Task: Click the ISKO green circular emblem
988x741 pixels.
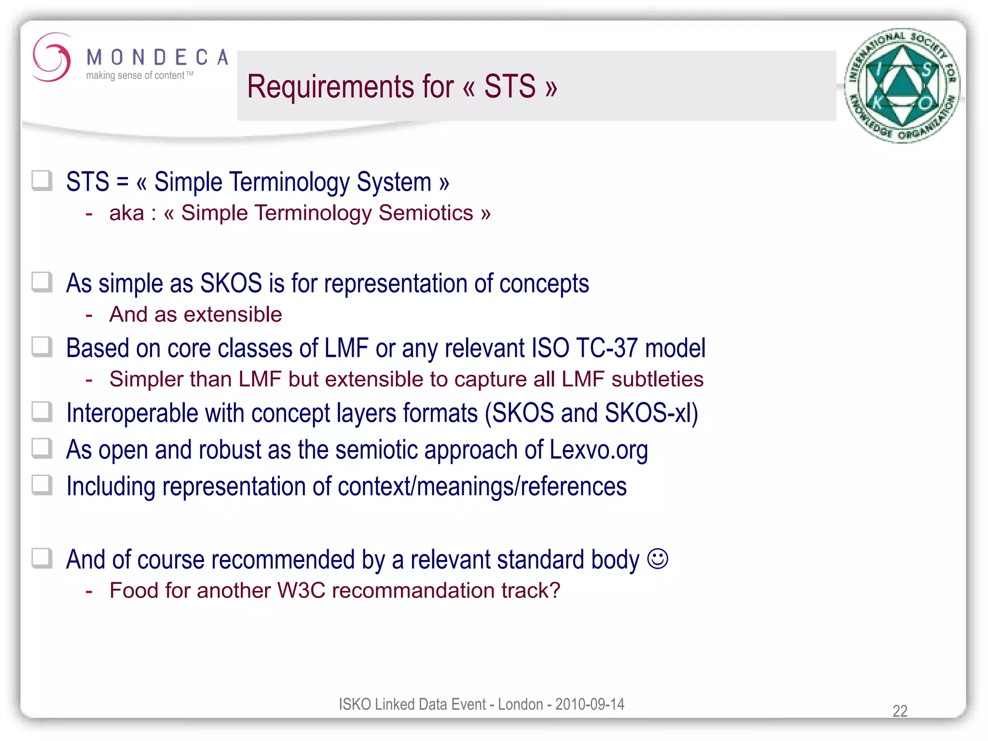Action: click(902, 86)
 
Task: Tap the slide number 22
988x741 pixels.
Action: click(900, 711)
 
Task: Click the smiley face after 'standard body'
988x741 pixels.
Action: click(658, 559)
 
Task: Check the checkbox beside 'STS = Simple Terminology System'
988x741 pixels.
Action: click(42, 181)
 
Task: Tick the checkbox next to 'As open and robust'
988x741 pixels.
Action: click(42, 448)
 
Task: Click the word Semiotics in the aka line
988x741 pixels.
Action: click(425, 213)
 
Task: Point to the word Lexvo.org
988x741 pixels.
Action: click(598, 450)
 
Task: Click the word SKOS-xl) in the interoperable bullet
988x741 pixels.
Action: click(651, 413)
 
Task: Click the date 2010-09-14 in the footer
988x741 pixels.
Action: click(590, 704)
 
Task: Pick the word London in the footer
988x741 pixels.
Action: click(520, 704)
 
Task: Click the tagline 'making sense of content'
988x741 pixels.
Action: click(136, 76)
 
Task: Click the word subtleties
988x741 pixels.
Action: click(657, 379)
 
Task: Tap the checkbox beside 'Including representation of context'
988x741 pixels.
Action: click(42, 485)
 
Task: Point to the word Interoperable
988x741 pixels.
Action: click(132, 413)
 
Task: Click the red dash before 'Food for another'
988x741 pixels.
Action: click(89, 591)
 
